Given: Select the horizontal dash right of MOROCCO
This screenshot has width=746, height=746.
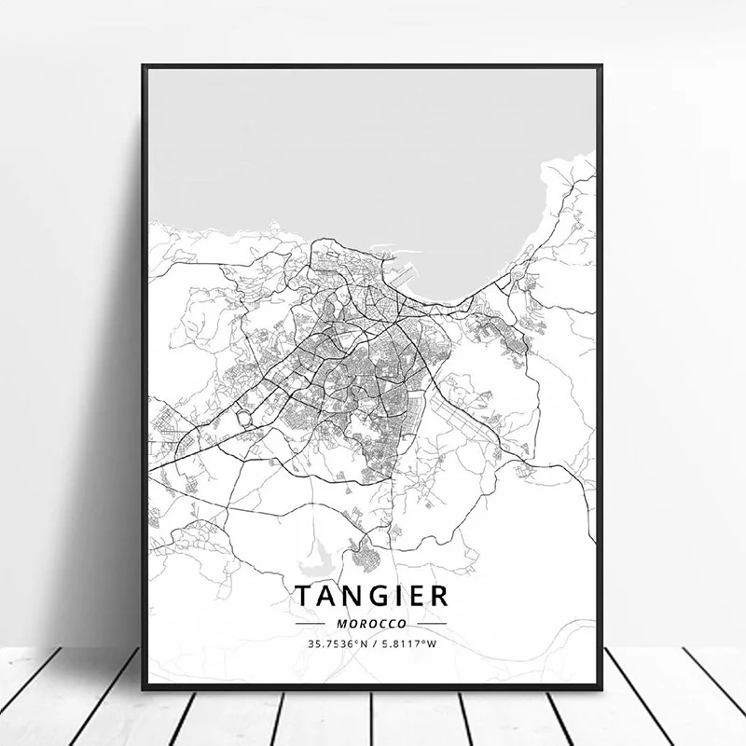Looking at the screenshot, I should click(x=431, y=623).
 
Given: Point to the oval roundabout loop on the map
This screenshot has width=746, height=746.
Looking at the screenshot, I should click(x=244, y=420).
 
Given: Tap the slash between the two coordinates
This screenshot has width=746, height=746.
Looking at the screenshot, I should click(x=375, y=644).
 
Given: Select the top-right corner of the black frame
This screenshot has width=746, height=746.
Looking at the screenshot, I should click(x=601, y=66).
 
